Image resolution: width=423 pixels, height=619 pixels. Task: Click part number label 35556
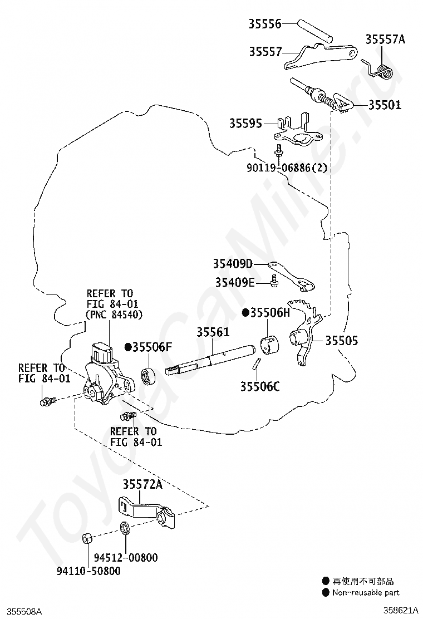(265, 23)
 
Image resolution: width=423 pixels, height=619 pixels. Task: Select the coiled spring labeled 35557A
(382, 70)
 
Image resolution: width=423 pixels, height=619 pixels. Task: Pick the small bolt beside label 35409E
(274, 283)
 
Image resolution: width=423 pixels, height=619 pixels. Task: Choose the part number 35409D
(232, 263)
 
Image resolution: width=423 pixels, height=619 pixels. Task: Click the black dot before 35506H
(245, 312)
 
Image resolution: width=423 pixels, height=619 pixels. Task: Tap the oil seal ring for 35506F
(150, 376)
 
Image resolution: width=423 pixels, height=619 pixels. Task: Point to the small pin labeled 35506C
(256, 365)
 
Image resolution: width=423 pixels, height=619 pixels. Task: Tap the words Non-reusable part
(366, 592)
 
